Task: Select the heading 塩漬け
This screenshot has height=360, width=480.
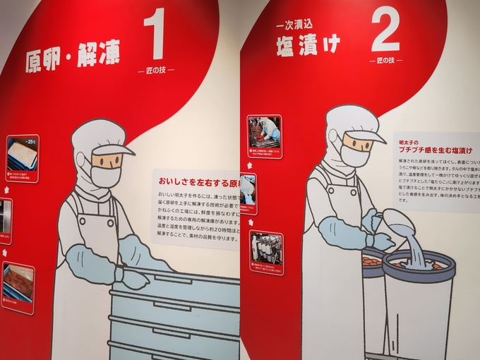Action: click(x=308, y=45)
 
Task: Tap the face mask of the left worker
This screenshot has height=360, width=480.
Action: click(x=104, y=175)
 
